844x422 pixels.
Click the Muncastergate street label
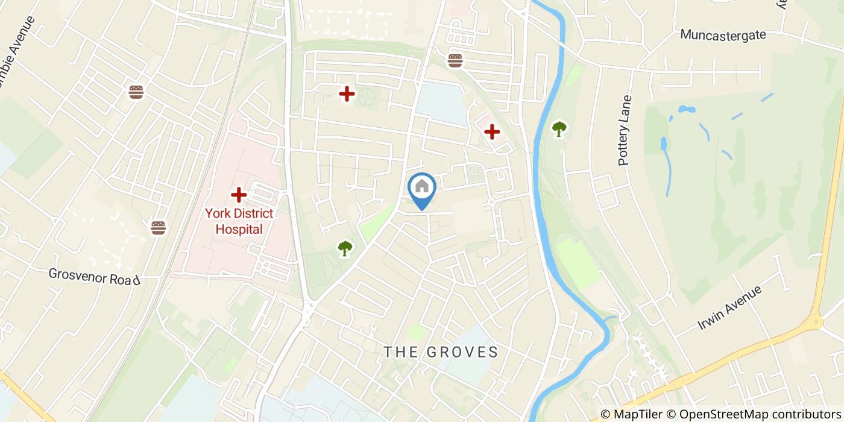tap(723, 35)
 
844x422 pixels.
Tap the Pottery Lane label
tap(625, 130)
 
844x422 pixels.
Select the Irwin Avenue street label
tap(729, 307)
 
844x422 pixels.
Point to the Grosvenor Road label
tap(95, 277)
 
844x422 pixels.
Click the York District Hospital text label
tap(239, 221)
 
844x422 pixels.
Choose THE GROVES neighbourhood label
tap(441, 352)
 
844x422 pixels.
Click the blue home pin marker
tap(422, 188)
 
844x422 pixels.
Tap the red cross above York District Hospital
tap(239, 195)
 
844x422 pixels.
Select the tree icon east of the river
tap(559, 128)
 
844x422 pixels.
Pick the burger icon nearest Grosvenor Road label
tap(158, 227)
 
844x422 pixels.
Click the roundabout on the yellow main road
tap(815, 321)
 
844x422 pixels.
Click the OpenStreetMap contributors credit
tap(754, 414)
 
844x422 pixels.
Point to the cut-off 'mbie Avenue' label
tap(16, 52)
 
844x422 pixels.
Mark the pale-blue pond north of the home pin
tap(442, 102)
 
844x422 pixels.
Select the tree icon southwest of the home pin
tap(345, 248)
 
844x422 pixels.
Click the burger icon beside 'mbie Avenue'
tap(136, 92)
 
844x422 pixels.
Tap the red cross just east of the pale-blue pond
tap(492, 131)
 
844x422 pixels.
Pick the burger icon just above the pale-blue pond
tap(455, 60)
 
